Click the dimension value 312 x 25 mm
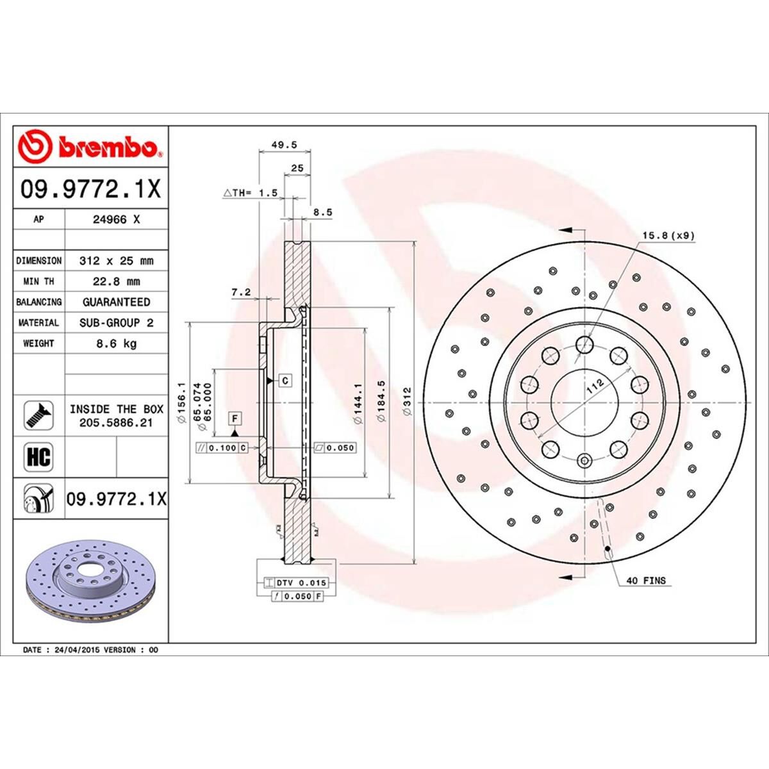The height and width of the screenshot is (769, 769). (116, 261)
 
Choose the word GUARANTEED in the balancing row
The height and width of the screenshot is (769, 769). (116, 302)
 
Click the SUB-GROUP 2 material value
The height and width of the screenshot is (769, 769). (116, 323)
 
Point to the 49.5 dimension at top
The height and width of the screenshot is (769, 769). (285, 145)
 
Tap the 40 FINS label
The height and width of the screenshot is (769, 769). (645, 581)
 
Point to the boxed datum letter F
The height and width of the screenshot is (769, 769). (235, 419)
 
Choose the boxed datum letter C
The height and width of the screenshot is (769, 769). (285, 381)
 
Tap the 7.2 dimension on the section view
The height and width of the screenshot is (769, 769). (241, 293)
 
